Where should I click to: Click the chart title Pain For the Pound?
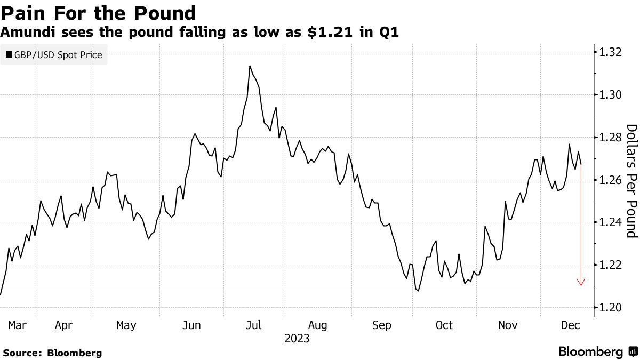tap(98, 12)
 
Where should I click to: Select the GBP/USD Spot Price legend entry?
tap(54, 54)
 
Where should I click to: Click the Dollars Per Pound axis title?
tap(631, 180)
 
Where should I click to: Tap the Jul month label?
tap(254, 325)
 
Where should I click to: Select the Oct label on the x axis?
tap(444, 325)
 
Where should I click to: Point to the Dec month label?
tap(570, 325)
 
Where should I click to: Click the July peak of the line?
tap(250, 66)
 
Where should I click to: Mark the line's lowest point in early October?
tap(418, 291)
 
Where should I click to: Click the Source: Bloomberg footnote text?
tap(52, 353)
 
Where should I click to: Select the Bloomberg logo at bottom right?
tap(597, 351)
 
